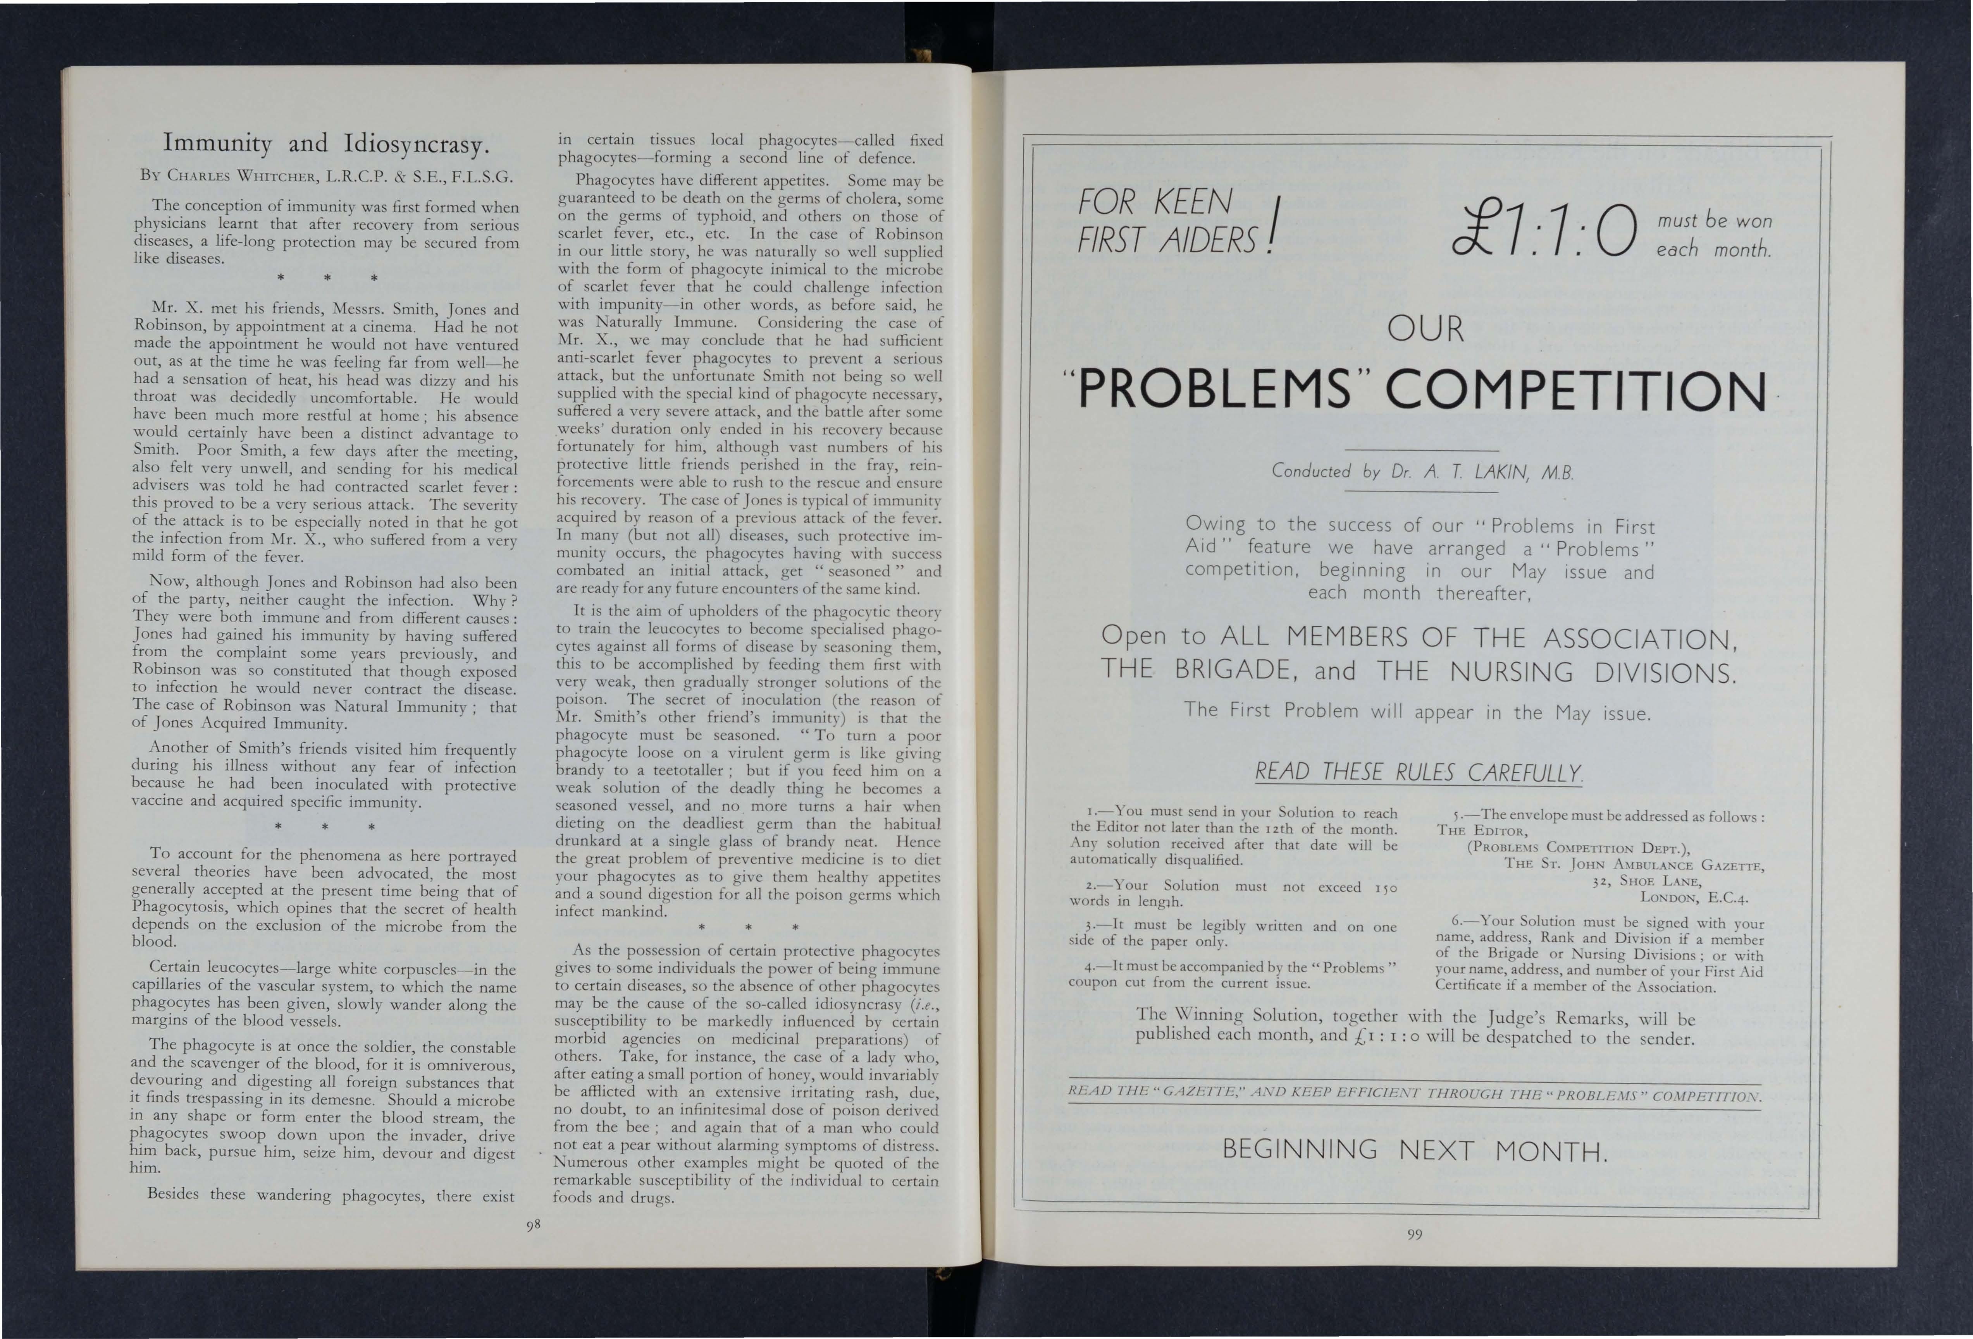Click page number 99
[1413, 1234]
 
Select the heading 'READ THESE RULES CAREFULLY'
[1418, 772]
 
